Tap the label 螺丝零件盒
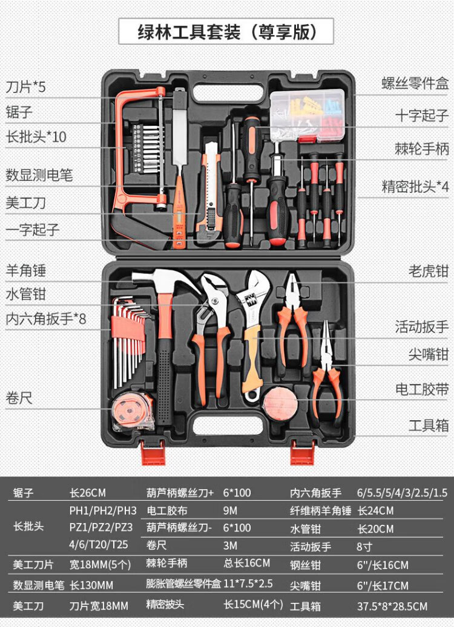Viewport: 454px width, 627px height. (415, 83)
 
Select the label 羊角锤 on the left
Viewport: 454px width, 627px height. (26, 270)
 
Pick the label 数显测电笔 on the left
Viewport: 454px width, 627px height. (39, 175)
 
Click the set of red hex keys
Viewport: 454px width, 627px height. (130, 339)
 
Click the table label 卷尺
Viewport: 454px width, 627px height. (156, 545)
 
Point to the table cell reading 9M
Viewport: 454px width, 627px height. (231, 510)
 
